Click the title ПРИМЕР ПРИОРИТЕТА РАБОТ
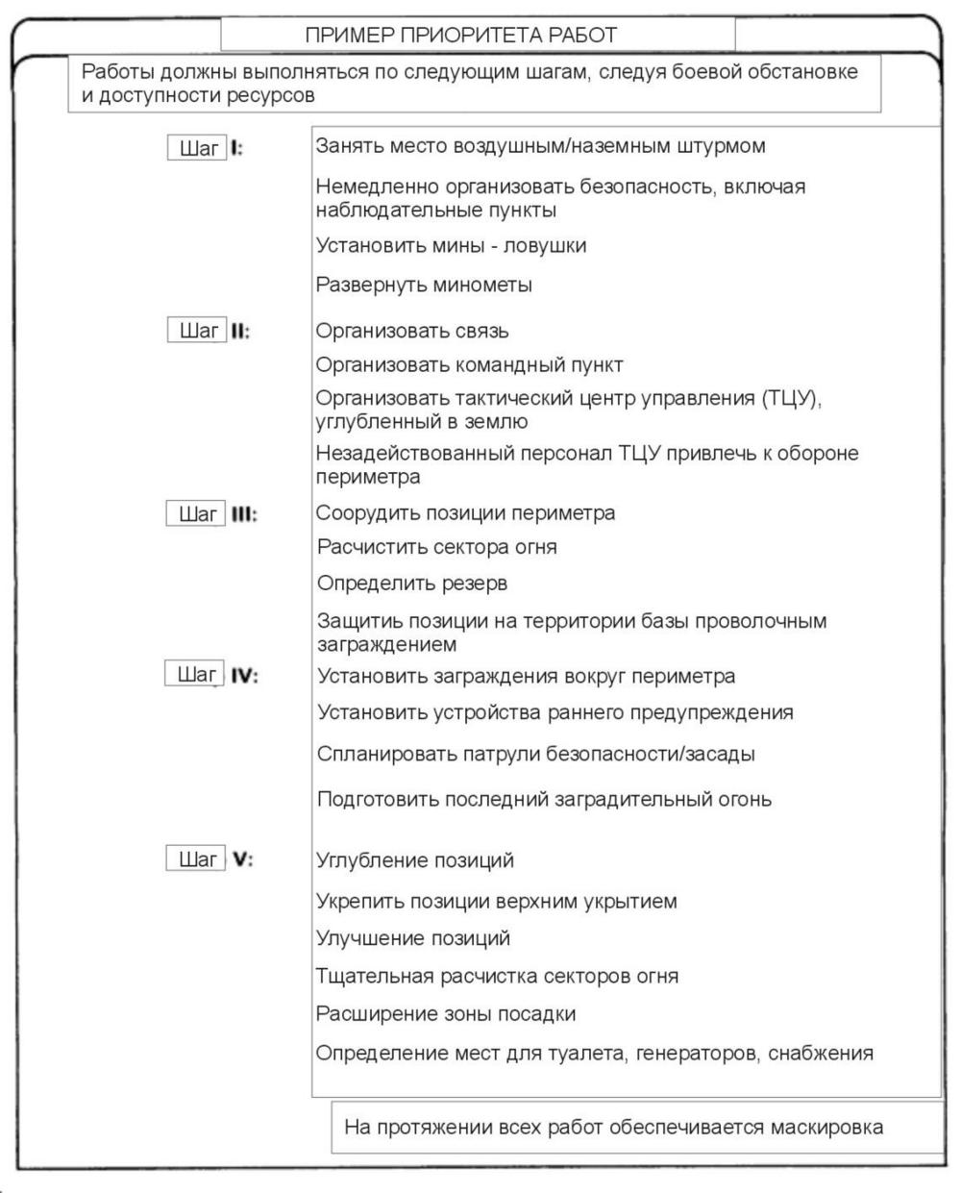(x=460, y=36)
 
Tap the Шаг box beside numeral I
(x=197, y=149)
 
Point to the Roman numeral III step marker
(x=242, y=514)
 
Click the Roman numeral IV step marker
(x=244, y=676)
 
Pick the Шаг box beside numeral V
(x=197, y=859)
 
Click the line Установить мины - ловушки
(x=451, y=246)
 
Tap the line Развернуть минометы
(x=424, y=286)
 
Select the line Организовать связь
(x=412, y=332)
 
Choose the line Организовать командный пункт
(x=469, y=365)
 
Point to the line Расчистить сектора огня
(x=436, y=548)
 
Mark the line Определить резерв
(x=412, y=584)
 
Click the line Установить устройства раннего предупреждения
(x=555, y=713)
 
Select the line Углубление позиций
(x=415, y=860)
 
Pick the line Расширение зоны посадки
(x=446, y=1014)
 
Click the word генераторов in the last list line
(x=697, y=1054)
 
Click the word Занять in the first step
(x=343, y=146)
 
